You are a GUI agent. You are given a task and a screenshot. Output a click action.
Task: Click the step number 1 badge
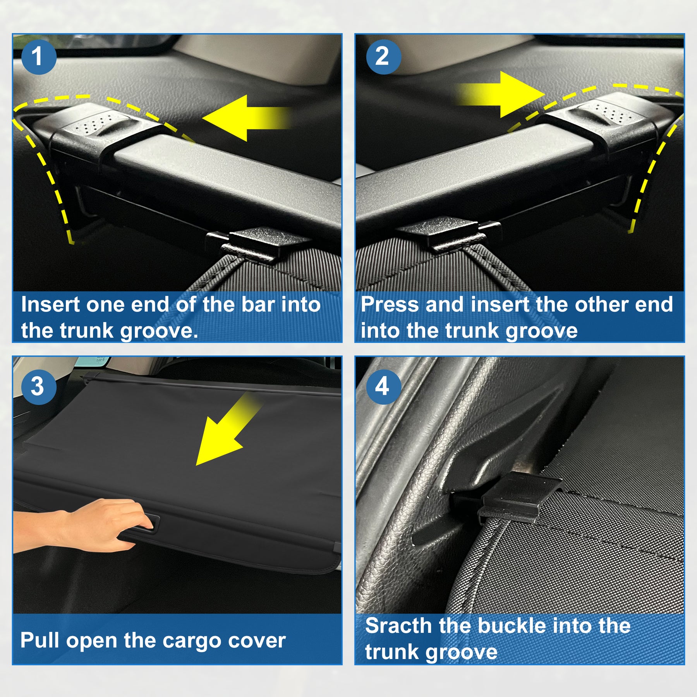[x=39, y=57]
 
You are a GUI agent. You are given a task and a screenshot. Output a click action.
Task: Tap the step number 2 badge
[x=383, y=57]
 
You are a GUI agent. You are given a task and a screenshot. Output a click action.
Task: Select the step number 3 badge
[x=39, y=387]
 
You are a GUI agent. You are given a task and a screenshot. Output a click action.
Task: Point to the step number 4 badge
[x=383, y=387]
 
